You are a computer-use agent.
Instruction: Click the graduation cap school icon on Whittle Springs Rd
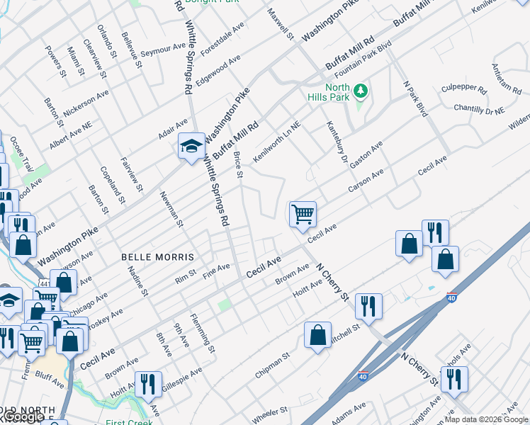[191, 146]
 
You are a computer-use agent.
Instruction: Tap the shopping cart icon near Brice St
[303, 213]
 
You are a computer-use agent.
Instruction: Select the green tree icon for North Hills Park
[361, 91]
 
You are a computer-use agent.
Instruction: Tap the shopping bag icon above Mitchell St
[318, 335]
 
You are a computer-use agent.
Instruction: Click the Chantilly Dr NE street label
[480, 108]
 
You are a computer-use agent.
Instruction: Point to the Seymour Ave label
[163, 50]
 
